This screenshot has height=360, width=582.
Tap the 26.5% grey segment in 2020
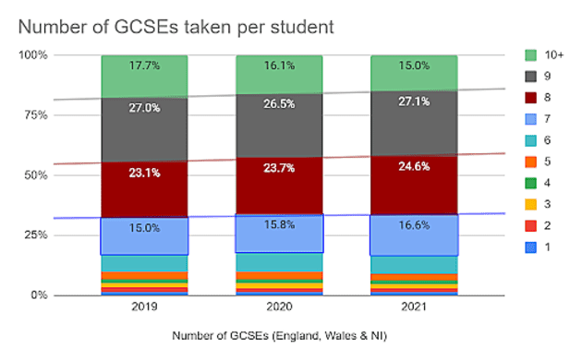point(279,111)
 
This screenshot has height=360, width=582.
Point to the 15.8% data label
point(279,222)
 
